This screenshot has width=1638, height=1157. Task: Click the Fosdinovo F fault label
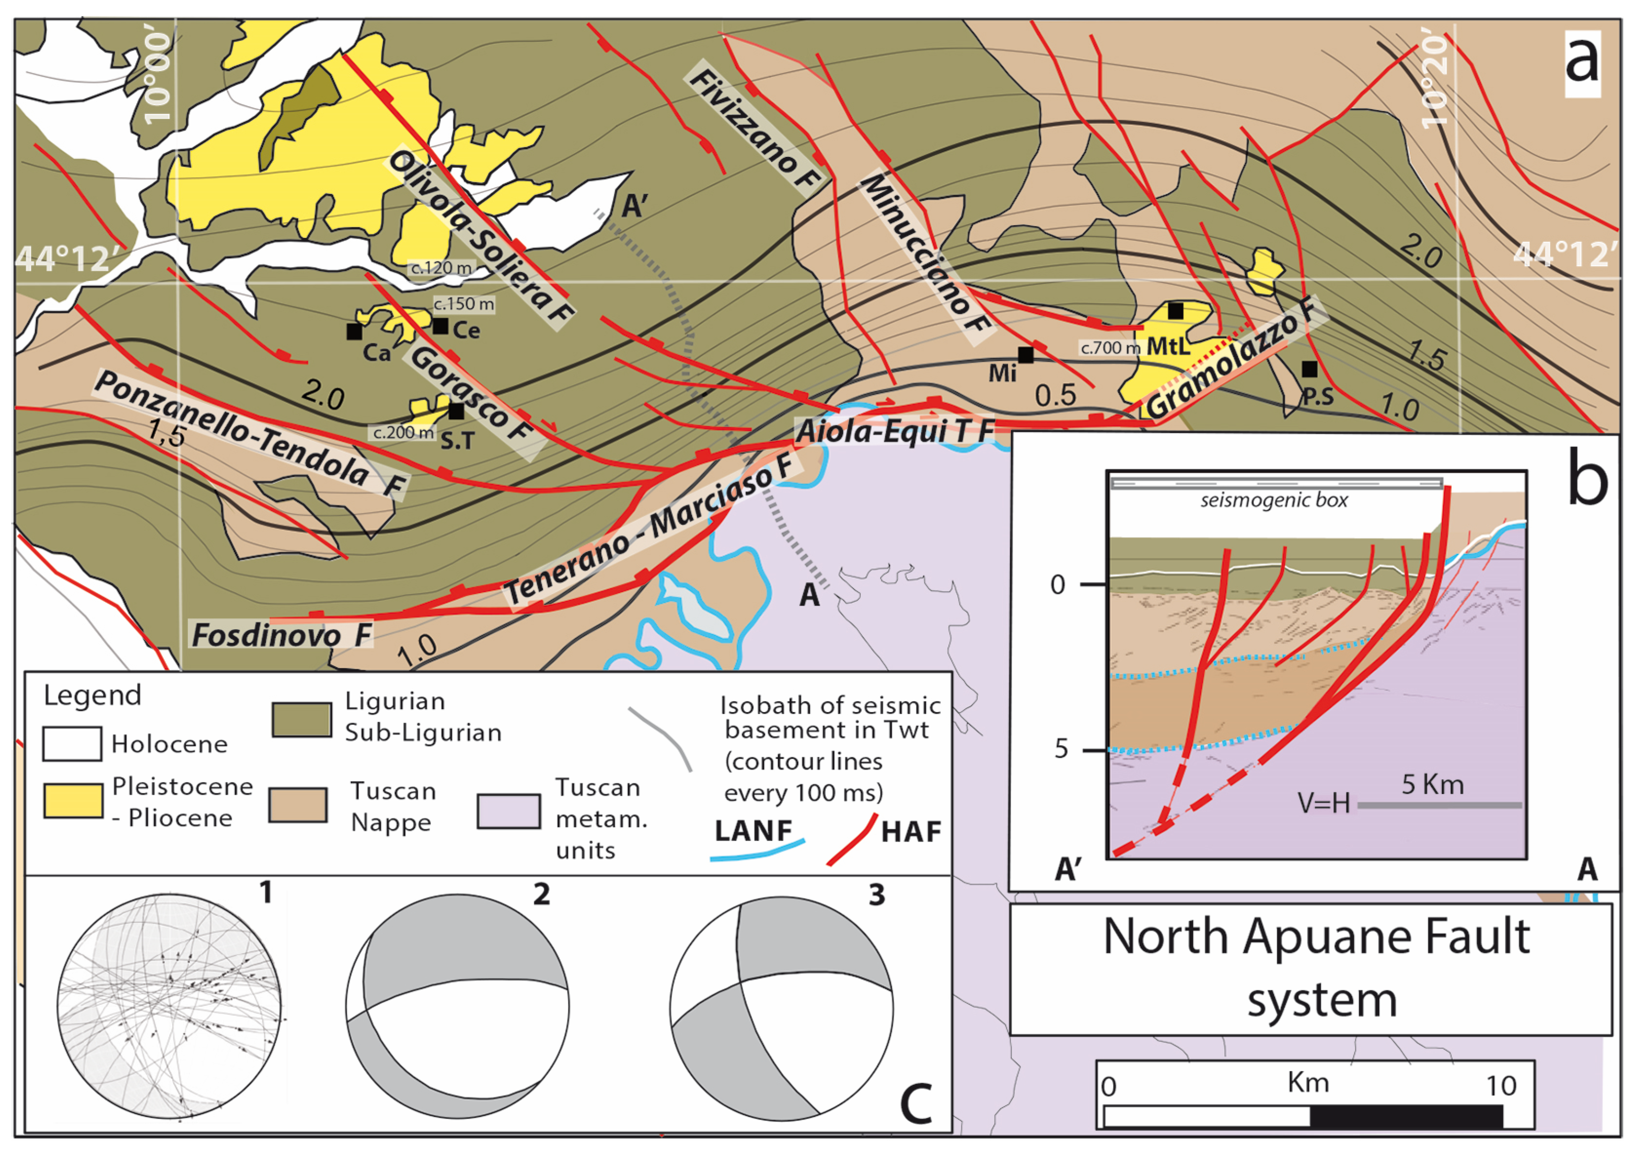pyautogui.click(x=282, y=634)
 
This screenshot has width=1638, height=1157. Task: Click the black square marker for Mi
pyautogui.click(x=1025, y=354)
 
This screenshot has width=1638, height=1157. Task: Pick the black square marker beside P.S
pyautogui.click(x=1309, y=369)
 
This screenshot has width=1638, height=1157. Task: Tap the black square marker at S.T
pyautogui.click(x=456, y=411)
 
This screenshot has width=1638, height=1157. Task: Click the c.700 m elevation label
pyautogui.click(x=1110, y=347)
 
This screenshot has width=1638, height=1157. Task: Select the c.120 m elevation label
pyautogui.click(x=441, y=268)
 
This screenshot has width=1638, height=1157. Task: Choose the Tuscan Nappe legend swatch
pyautogui.click(x=298, y=805)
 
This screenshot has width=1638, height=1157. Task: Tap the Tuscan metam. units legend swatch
pyautogui.click(x=508, y=811)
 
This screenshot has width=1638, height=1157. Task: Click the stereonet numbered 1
pyautogui.click(x=170, y=1006)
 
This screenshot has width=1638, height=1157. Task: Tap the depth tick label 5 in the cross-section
pyautogui.click(x=1061, y=750)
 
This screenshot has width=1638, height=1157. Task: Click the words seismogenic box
pyautogui.click(x=1274, y=500)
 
